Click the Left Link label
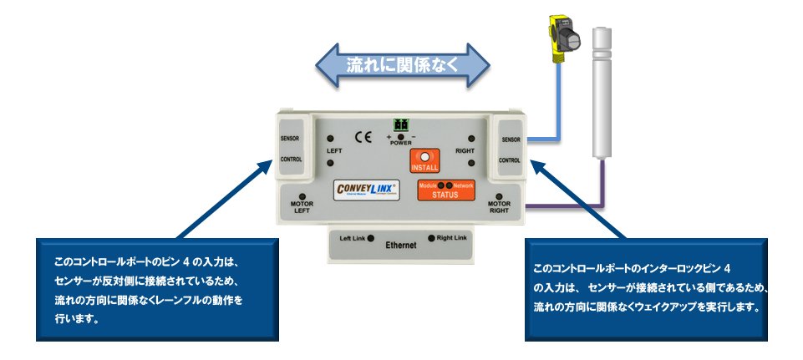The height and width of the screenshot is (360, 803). pos(352,238)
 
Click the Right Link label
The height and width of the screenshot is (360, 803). pos(452,238)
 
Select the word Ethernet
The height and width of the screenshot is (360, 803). pos(401,246)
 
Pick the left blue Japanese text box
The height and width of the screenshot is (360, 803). pos(155,289)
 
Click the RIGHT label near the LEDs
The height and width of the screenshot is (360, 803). pos(465,151)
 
